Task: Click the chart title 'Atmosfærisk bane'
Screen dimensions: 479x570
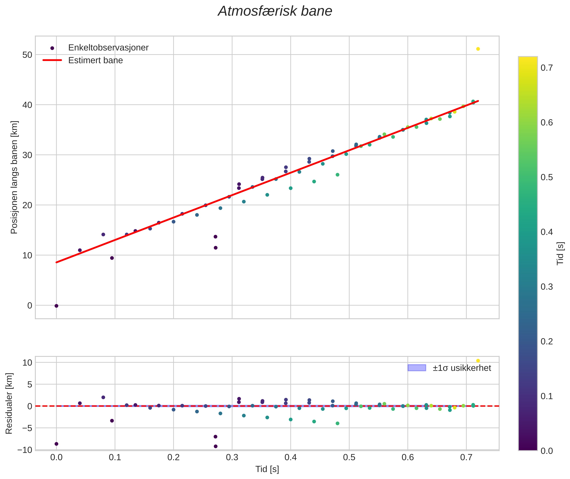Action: tap(275, 11)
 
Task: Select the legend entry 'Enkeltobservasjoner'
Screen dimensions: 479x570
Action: tap(108, 48)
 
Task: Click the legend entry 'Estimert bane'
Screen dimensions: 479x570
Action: tap(95, 60)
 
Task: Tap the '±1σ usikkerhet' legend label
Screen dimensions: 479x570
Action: tap(462, 368)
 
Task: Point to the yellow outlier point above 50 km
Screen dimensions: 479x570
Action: tap(478, 49)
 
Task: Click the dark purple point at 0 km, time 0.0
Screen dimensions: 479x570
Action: tap(57, 306)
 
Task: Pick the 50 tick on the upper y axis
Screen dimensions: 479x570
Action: tap(27, 55)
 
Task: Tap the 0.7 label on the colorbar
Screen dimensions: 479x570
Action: tap(546, 68)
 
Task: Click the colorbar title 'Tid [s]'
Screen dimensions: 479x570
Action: tap(560, 253)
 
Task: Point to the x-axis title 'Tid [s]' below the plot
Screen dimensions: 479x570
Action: tap(267, 469)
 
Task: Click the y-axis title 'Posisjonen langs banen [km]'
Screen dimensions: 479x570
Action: tap(14, 177)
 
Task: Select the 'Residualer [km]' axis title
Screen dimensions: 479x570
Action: tap(9, 403)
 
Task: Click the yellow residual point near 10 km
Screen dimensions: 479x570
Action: tap(478, 361)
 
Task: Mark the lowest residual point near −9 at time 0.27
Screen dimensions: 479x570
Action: tap(216, 446)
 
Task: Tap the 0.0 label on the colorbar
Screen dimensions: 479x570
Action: tap(546, 451)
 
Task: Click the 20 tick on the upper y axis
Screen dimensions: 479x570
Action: tap(27, 205)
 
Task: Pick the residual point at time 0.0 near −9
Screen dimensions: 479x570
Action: tap(57, 444)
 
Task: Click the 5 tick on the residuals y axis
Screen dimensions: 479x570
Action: tap(30, 384)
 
